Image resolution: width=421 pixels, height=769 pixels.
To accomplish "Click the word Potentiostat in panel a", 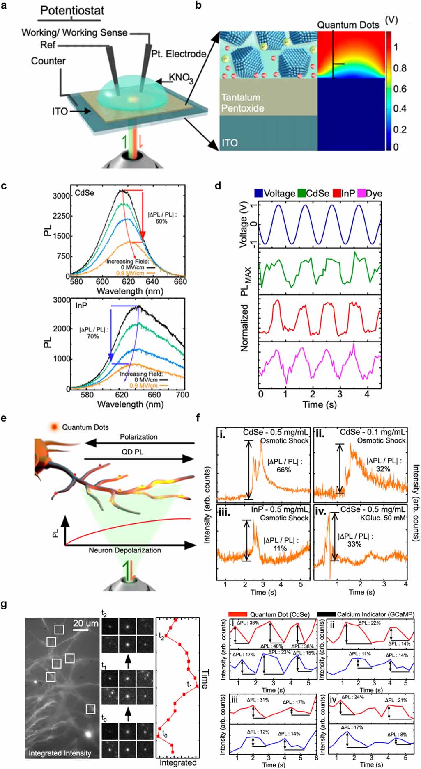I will [x=72, y=10].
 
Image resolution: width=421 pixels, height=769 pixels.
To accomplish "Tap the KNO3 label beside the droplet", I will [x=181, y=78].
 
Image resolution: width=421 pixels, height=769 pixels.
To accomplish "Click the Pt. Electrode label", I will [x=178, y=54].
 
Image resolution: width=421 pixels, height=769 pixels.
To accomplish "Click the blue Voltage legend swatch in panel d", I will [x=259, y=193].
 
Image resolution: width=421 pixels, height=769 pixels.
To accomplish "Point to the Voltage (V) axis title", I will [x=243, y=226].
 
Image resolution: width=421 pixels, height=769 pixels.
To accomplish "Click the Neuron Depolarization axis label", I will [x=125, y=550].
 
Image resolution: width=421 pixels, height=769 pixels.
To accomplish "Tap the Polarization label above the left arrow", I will [x=138, y=437].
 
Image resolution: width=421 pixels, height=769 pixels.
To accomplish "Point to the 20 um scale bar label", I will [x=85, y=623].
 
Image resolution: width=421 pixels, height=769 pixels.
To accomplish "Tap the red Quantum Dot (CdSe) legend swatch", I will [x=238, y=614].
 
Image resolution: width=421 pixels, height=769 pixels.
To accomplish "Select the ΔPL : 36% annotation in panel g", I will [x=248, y=623].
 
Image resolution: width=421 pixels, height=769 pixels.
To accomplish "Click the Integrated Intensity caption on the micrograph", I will [x=60, y=753].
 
